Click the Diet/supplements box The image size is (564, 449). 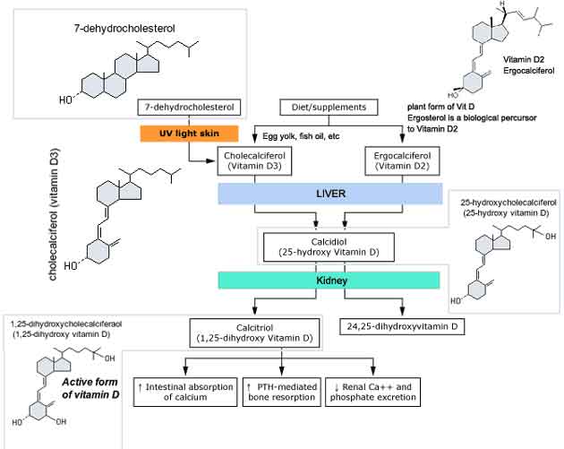tap(317, 108)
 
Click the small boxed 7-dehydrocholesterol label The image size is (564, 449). tap(190, 108)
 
